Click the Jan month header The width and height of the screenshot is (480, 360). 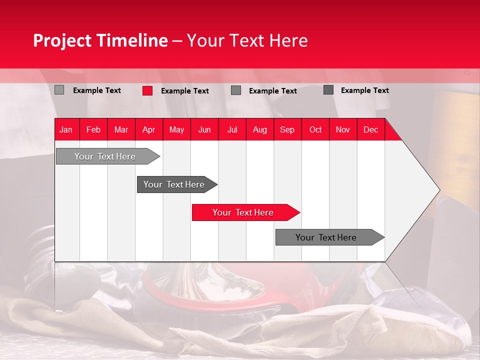66,129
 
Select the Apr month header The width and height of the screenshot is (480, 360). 148,129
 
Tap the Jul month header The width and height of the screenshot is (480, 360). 232,129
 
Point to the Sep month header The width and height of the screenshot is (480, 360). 287,129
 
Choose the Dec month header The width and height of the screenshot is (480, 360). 370,129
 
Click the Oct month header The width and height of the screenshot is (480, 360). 315,129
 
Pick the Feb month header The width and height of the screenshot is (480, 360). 93,129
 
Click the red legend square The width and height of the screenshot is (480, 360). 147,90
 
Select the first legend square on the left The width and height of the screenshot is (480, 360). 59,90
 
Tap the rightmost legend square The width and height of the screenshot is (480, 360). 328,90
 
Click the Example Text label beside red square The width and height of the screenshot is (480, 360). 184,91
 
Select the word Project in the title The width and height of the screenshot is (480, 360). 62,40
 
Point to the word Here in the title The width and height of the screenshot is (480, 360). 288,40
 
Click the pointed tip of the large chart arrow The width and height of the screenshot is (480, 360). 439,189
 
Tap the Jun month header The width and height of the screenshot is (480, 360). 204,129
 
